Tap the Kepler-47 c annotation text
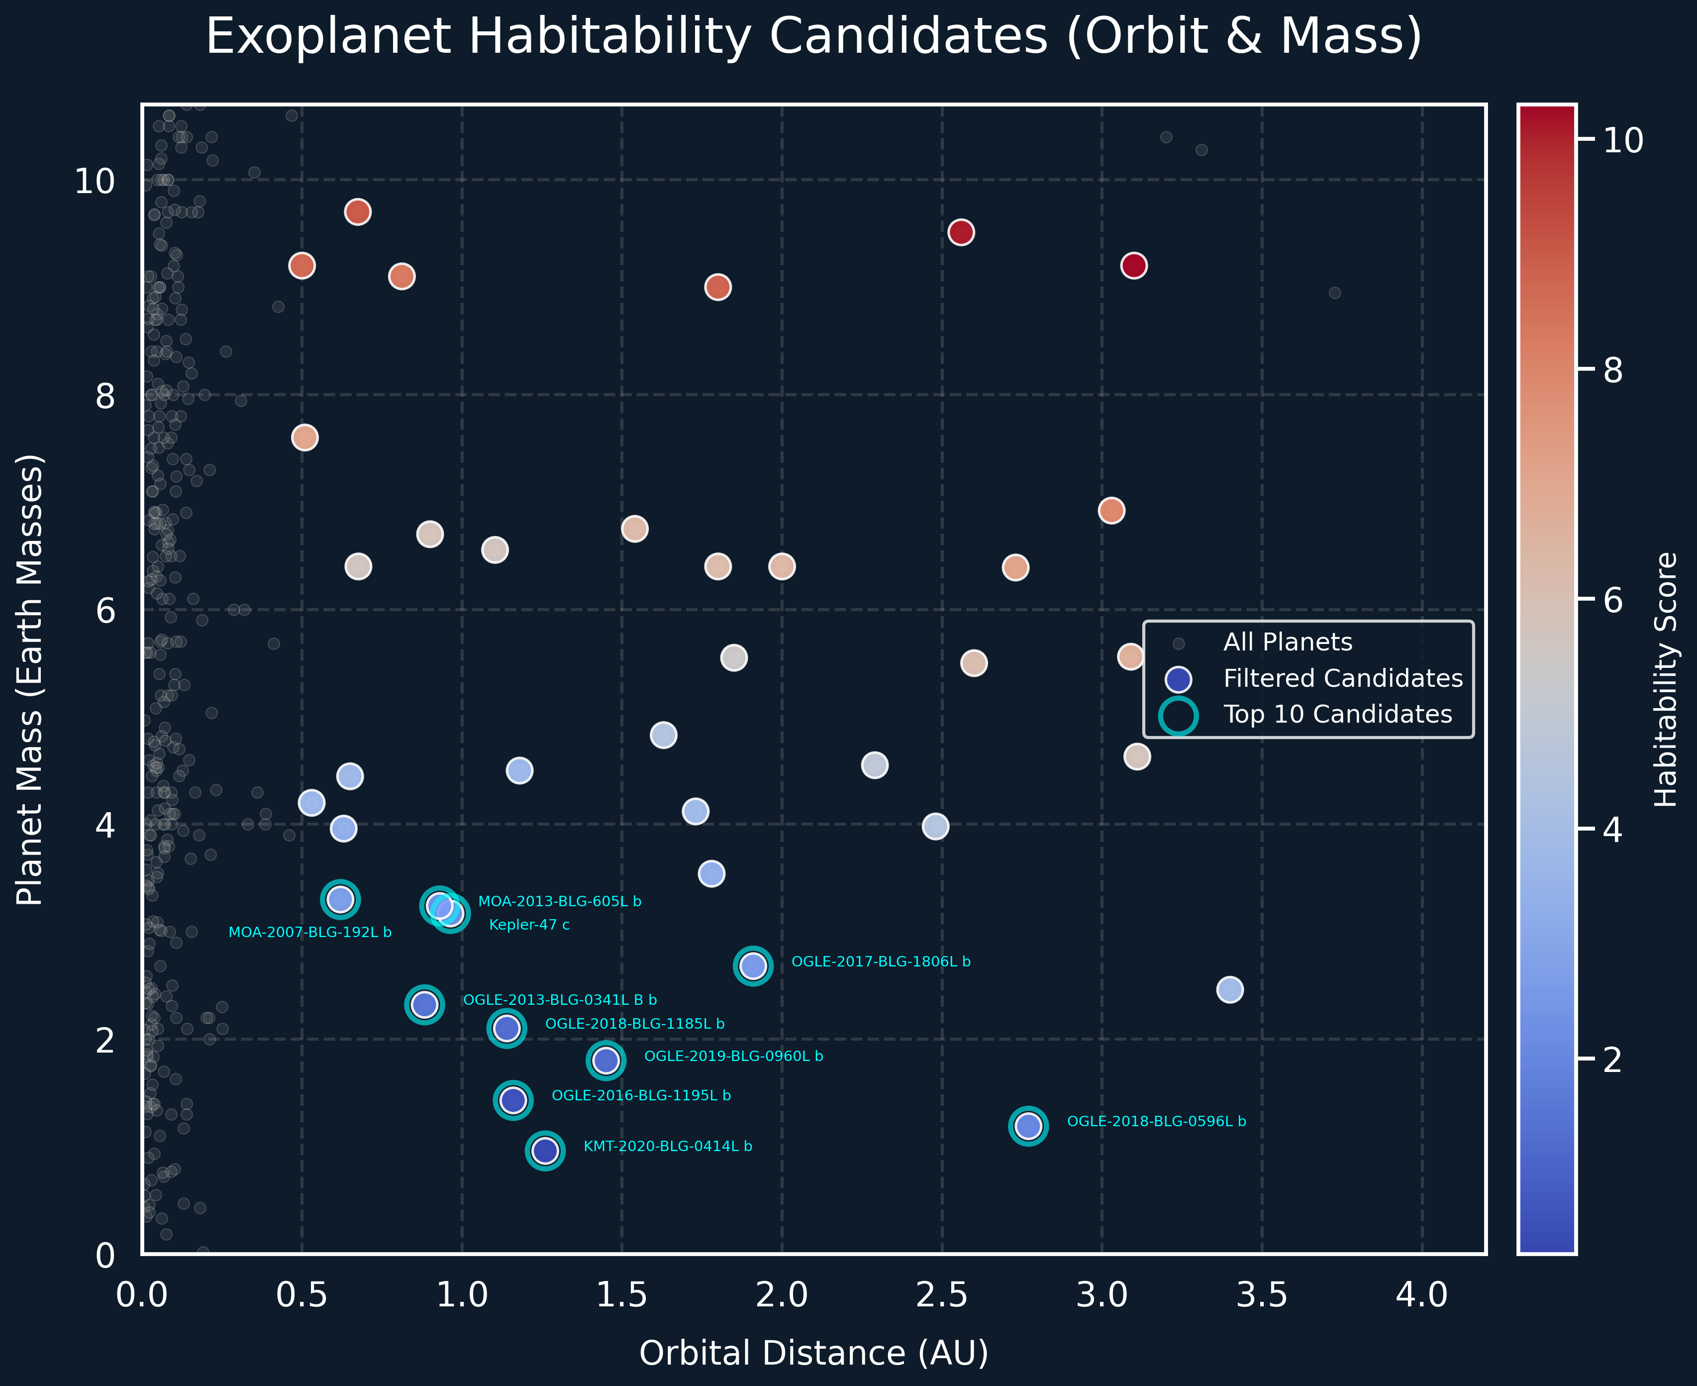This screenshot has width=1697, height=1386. (x=529, y=925)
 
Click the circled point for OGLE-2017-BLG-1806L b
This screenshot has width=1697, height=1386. (x=753, y=966)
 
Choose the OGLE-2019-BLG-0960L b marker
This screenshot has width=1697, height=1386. (x=606, y=1060)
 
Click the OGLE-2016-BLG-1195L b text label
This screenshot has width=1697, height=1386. (x=641, y=1095)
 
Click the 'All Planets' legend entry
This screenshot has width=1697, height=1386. (x=1288, y=642)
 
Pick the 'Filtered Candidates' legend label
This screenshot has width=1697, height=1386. (x=1343, y=679)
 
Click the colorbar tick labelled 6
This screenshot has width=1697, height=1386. (x=1612, y=600)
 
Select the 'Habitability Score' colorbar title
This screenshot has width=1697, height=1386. (x=1666, y=679)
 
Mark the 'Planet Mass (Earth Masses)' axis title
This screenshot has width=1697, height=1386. (x=30, y=679)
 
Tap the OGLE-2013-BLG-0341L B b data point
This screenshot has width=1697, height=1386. (x=424, y=1004)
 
